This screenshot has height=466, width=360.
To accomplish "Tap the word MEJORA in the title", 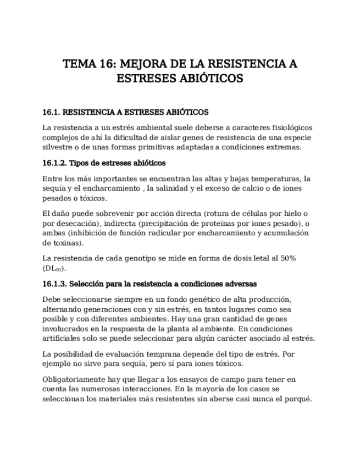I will click(141, 64).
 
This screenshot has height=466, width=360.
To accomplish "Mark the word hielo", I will click(291, 213).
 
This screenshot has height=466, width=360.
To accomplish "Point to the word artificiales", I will click(63, 339).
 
